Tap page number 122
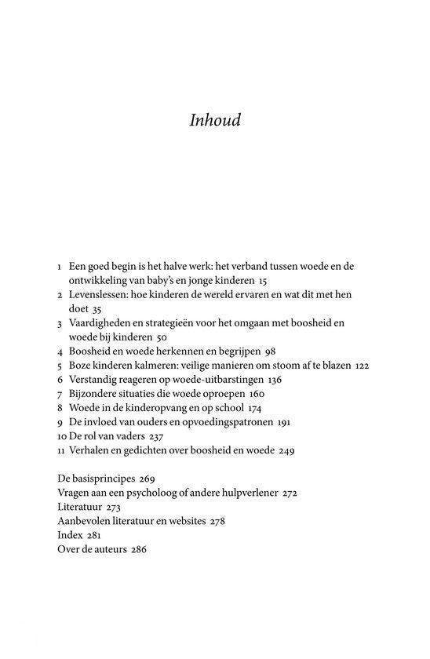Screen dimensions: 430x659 point(360,365)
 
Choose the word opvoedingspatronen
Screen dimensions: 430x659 point(226,422)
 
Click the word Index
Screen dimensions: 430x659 point(70,535)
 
